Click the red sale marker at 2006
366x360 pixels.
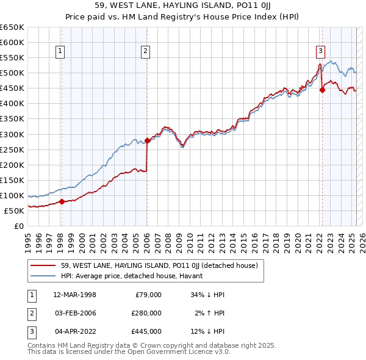tap(147, 140)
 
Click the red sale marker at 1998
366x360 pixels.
tap(62, 201)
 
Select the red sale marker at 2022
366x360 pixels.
tap(322, 90)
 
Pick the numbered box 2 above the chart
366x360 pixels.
tap(146, 52)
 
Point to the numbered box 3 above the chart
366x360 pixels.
tap(320, 52)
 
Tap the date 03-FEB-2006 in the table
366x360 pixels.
tap(75, 313)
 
